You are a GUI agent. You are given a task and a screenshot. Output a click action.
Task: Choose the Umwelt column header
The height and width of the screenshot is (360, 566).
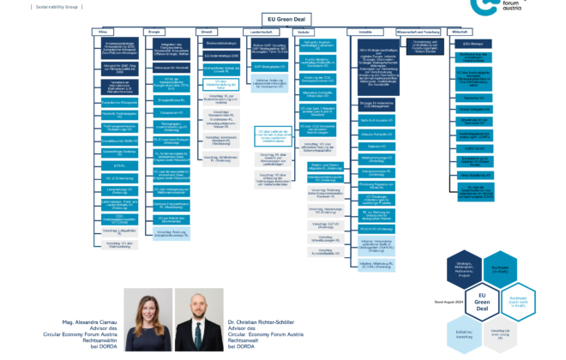click(x=219, y=31)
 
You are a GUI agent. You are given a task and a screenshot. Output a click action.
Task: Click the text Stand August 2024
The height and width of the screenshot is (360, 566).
click(x=434, y=302)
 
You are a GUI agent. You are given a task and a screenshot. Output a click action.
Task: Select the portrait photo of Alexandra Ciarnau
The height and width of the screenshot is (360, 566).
click(x=148, y=313)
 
